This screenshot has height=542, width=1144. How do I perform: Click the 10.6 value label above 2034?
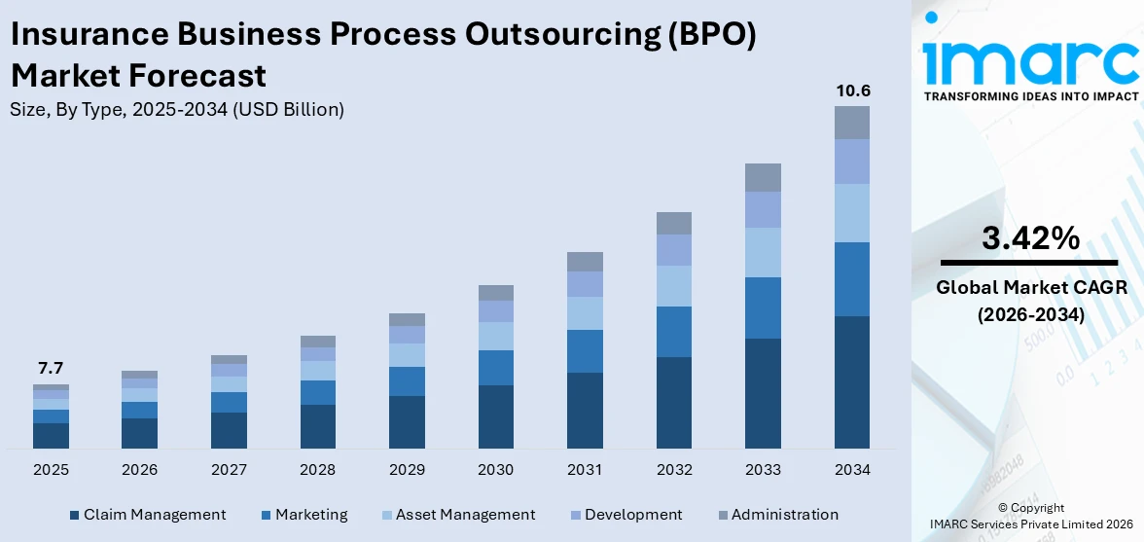[852, 91]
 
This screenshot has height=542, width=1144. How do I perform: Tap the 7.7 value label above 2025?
[51, 368]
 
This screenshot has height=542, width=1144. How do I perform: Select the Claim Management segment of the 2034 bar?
[852, 381]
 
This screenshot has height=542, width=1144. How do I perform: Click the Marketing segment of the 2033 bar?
[763, 307]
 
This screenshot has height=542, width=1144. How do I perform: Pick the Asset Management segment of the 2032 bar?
[674, 286]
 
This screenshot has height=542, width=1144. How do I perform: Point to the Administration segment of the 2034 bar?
[852, 123]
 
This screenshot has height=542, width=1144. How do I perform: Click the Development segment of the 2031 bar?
[585, 284]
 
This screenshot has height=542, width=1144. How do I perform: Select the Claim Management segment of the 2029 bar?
[407, 421]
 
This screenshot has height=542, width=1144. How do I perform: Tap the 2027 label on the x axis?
[229, 470]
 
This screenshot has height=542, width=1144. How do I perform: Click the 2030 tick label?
[495, 470]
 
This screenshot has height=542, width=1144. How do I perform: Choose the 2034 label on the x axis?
[852, 470]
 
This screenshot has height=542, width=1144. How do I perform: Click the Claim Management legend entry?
[147, 515]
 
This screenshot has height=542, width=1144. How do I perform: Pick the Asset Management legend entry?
[456, 515]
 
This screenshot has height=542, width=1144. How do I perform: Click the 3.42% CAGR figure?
[1029, 238]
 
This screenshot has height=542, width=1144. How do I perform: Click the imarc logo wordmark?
[1030, 60]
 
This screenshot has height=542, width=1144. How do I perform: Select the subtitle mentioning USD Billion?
[177, 110]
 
